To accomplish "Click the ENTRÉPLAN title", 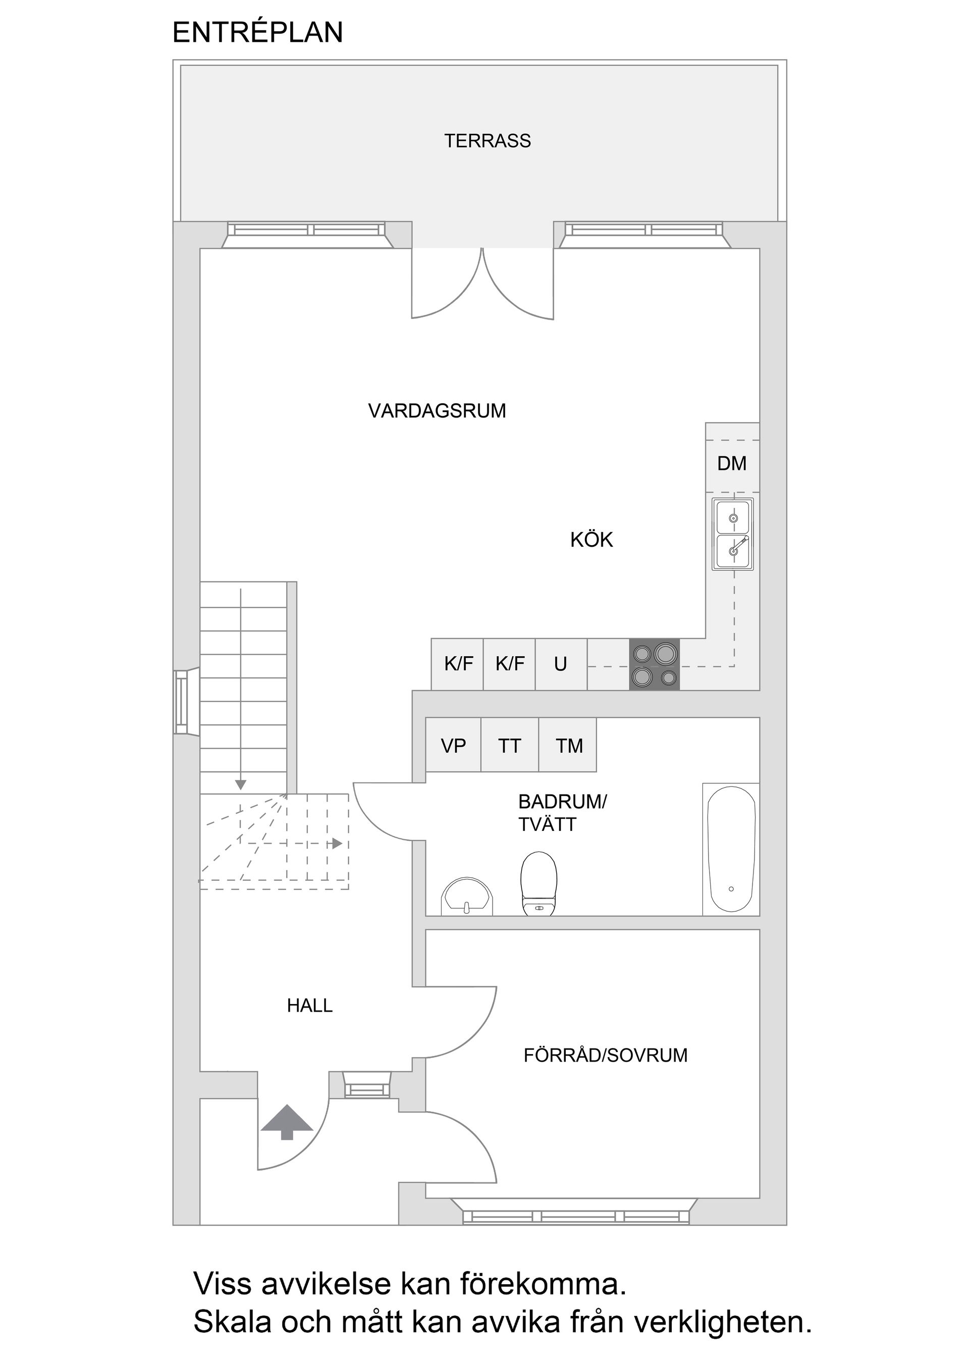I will click(257, 32).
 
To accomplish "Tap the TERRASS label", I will click(487, 141).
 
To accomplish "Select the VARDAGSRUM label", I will click(437, 411).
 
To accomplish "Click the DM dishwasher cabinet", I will click(731, 464).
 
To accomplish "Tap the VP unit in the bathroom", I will click(453, 746).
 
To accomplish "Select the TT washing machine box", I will click(509, 746).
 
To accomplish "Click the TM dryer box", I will click(568, 746).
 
